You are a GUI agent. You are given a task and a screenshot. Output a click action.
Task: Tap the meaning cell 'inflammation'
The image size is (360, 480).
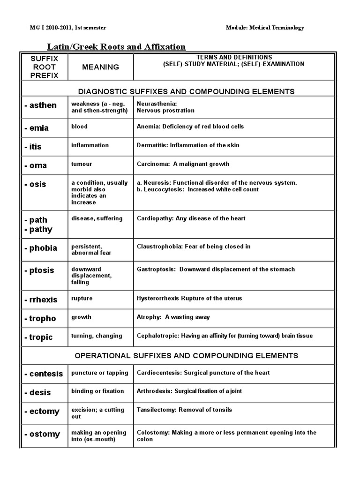pos(90,145)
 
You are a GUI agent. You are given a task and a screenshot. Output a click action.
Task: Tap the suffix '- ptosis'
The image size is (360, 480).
pos(39,270)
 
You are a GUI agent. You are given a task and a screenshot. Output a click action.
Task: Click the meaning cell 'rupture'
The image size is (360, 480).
pos(82,298)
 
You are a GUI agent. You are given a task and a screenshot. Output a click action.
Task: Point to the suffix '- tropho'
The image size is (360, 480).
pos(40,319)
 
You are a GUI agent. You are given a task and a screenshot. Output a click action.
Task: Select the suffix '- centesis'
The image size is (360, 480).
pos(44,374)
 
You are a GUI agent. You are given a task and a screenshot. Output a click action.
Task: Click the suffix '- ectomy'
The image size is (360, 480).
pos(42,412)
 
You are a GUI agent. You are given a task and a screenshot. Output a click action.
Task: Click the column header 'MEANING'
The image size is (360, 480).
pos(100,67)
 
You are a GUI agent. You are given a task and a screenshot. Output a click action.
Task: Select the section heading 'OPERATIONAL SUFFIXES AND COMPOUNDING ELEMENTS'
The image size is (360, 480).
pos(187,356)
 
